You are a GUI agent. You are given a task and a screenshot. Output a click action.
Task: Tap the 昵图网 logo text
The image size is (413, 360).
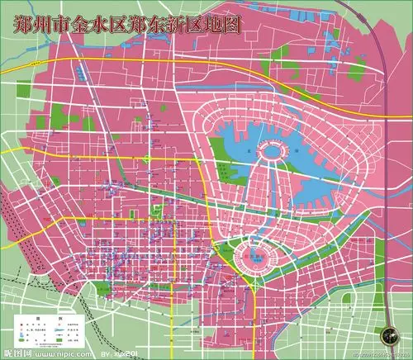point(16,352)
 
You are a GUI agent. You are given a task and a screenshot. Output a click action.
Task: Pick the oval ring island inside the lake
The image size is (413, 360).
point(273,149)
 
